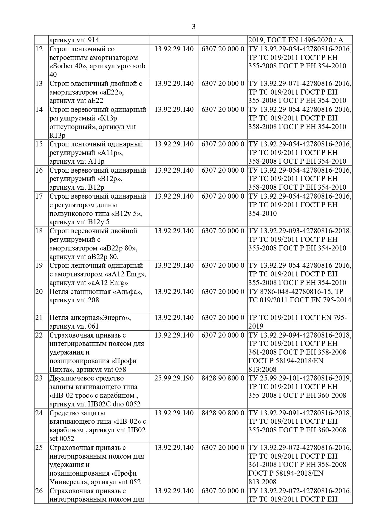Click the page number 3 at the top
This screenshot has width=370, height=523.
(194, 27)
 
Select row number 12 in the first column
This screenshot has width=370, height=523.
(39, 49)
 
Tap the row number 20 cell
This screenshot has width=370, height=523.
(39, 292)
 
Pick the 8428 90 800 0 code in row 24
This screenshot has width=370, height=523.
(223, 413)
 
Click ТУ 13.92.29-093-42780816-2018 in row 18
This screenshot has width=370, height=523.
(300, 231)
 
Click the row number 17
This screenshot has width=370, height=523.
(39, 196)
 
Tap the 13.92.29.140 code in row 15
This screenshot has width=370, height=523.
(174, 144)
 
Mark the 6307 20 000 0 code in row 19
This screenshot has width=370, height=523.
(223, 266)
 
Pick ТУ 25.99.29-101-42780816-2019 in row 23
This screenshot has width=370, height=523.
(300, 378)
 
